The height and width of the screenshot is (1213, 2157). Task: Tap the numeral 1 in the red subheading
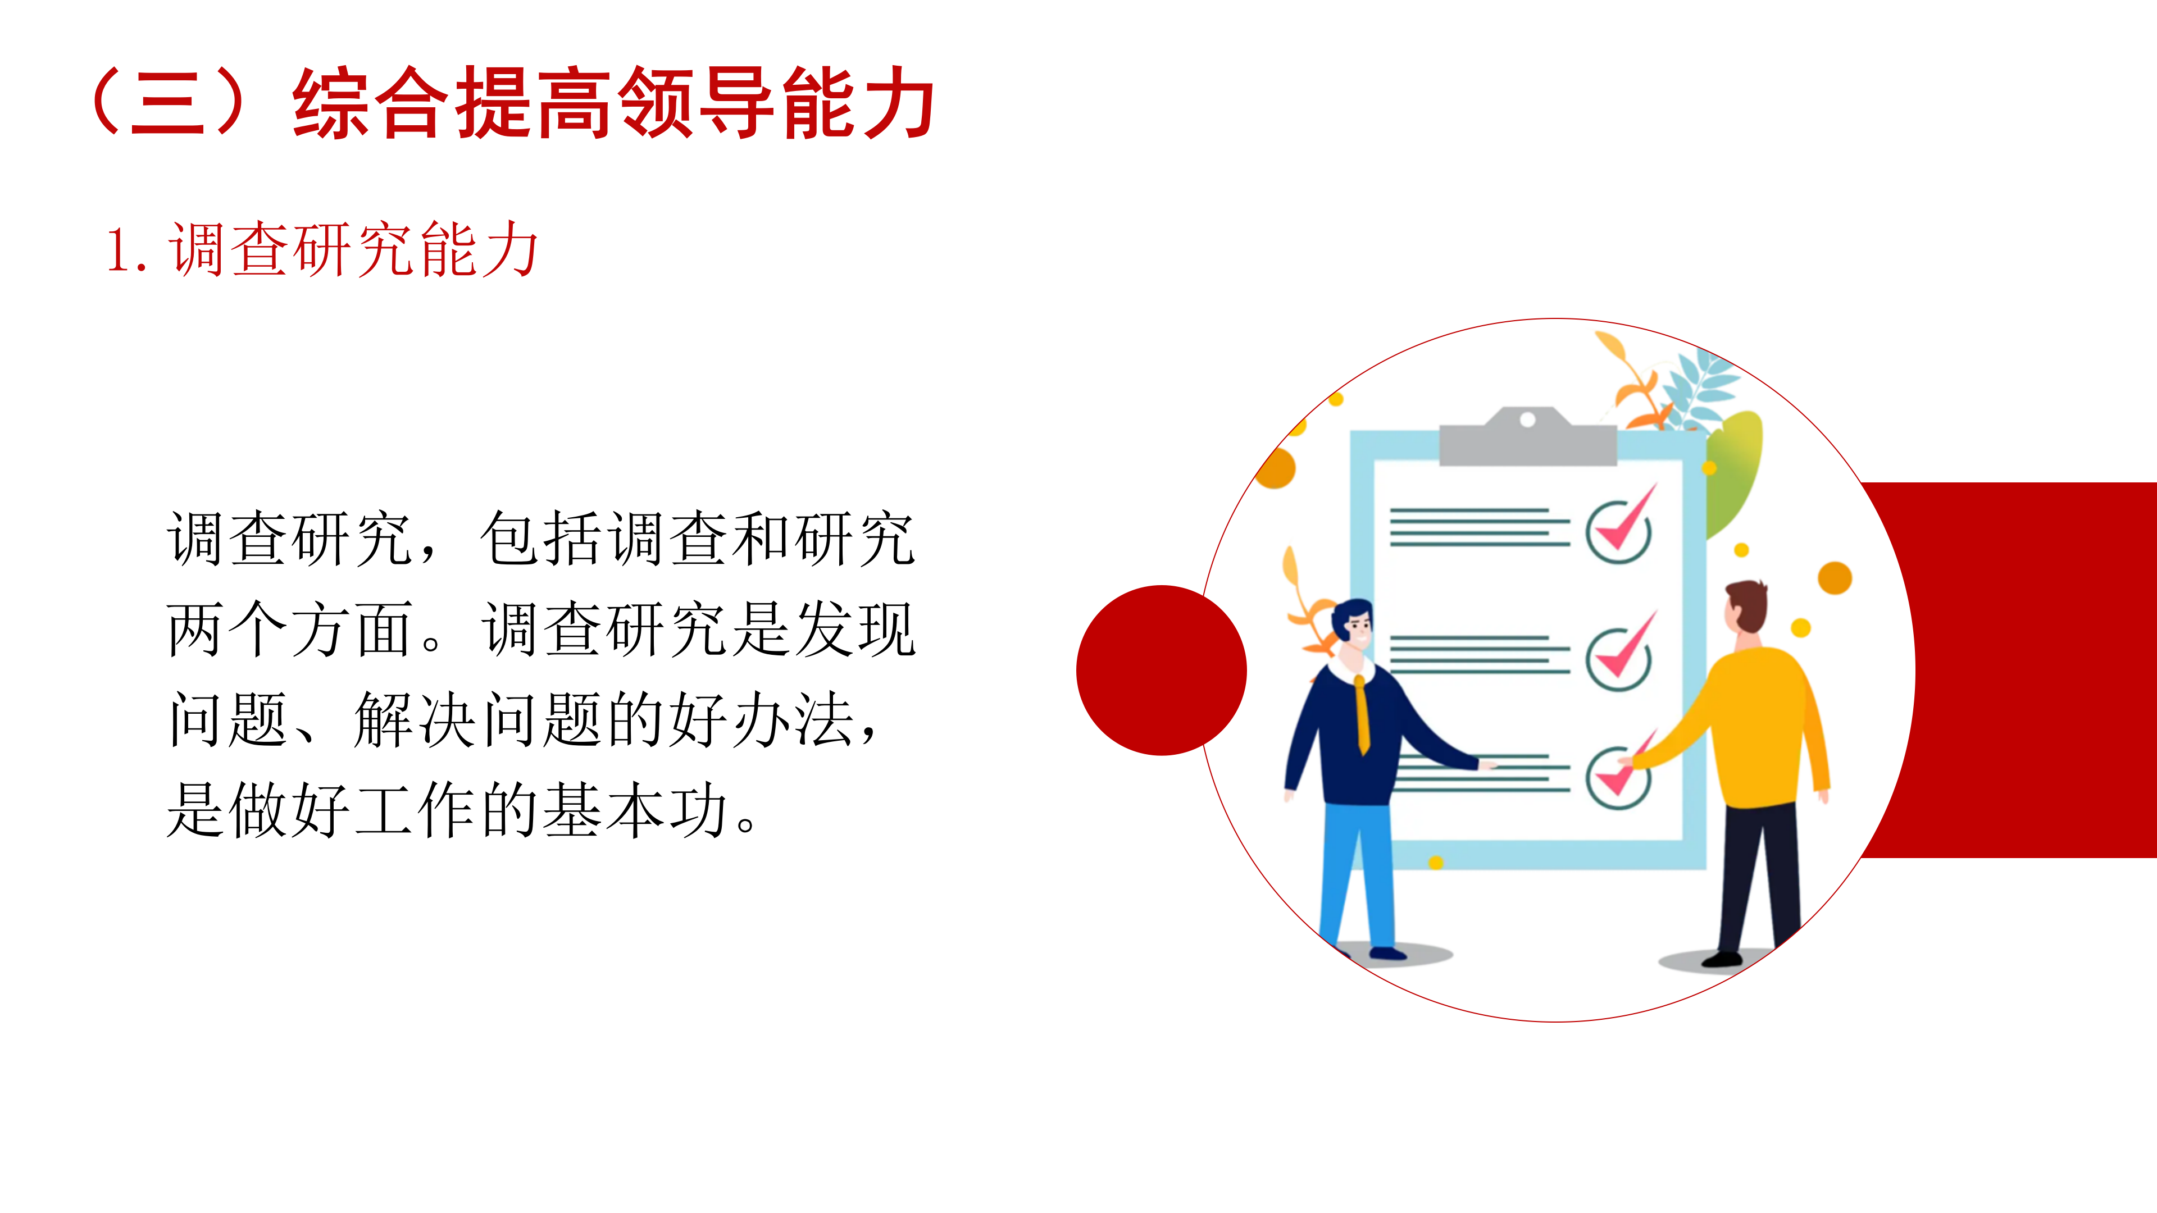[117, 250]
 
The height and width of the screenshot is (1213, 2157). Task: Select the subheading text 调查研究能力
[354, 249]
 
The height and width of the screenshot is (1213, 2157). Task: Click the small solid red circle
[1162, 670]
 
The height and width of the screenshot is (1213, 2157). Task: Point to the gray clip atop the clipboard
[1528, 436]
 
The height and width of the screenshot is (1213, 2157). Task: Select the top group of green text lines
[1480, 527]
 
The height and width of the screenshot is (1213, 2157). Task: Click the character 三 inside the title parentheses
[167, 104]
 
